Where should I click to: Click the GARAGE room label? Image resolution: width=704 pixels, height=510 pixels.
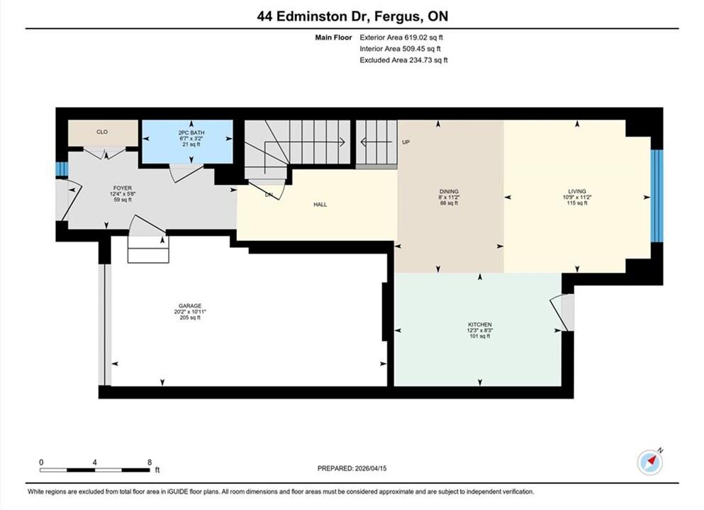click(x=191, y=306)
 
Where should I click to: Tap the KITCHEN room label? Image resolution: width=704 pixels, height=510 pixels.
click(x=480, y=324)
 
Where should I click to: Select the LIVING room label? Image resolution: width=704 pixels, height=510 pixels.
click(x=577, y=191)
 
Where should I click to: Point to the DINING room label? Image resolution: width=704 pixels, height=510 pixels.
click(x=449, y=191)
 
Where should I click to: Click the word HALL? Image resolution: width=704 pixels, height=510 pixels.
click(x=320, y=205)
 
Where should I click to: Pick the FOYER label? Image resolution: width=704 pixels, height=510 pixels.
click(x=123, y=188)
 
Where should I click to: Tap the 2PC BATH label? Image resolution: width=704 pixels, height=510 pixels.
click(x=191, y=132)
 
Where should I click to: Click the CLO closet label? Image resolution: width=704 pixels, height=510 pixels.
click(x=102, y=132)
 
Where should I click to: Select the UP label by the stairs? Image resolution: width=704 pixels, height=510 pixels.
click(x=406, y=142)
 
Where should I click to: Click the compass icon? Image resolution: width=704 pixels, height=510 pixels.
click(x=649, y=463)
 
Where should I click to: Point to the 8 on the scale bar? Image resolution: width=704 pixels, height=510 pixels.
click(x=150, y=463)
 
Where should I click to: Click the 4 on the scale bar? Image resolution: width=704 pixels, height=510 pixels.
click(x=95, y=463)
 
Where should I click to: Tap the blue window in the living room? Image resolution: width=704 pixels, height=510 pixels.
click(x=657, y=195)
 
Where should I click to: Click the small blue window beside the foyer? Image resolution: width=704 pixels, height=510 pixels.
click(x=62, y=169)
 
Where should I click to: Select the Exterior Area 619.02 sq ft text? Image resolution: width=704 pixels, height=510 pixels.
click(x=401, y=38)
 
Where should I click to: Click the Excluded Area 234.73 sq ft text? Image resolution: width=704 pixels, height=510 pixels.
click(x=403, y=60)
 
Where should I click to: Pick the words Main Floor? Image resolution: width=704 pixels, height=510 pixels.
click(x=334, y=38)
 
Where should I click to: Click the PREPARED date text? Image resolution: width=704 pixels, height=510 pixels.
click(x=352, y=468)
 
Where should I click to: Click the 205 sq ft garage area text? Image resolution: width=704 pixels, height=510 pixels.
click(x=191, y=317)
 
